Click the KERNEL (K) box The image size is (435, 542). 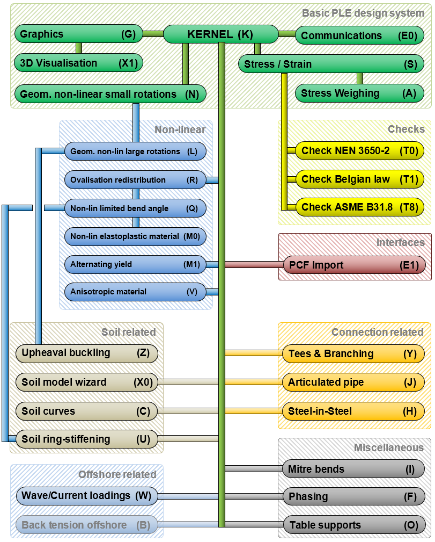click(219, 34)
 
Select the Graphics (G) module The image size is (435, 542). click(78, 34)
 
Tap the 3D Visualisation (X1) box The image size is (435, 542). click(78, 63)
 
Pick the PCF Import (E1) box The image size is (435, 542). click(355, 265)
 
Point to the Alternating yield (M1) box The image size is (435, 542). click(135, 264)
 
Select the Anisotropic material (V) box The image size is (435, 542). click(135, 292)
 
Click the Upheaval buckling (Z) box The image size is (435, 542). click(86, 353)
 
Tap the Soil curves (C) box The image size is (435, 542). click(86, 411)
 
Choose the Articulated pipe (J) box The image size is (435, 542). click(353, 382)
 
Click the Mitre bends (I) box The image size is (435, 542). click(353, 469)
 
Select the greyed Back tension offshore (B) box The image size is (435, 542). click(86, 525)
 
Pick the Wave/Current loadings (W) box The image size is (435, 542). click(86, 495)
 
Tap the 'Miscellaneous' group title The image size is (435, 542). click(389, 447)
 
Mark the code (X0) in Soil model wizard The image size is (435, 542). click(143, 382)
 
